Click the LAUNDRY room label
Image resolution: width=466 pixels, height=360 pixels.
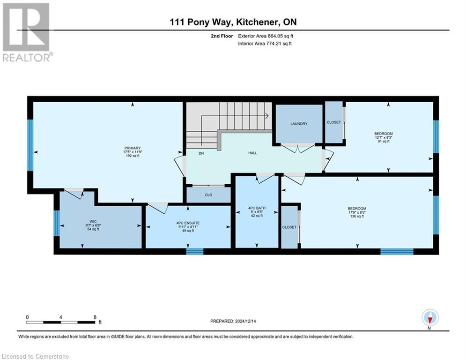(299, 124)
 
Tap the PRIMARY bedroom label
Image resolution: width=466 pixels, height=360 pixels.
(133, 148)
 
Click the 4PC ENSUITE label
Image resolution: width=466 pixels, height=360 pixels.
(188, 223)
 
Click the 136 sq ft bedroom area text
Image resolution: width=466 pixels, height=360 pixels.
(356, 217)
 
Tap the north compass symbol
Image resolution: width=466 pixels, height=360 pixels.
(429, 318)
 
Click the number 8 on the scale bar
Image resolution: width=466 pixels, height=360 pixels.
(95, 317)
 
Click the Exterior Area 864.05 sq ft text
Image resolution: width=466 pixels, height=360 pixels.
(266, 36)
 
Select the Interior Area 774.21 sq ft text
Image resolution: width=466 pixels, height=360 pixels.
(266, 44)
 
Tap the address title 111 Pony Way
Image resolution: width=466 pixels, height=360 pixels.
(203, 22)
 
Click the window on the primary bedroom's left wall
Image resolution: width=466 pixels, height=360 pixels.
(30, 145)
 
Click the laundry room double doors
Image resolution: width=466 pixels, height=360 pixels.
(298, 148)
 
